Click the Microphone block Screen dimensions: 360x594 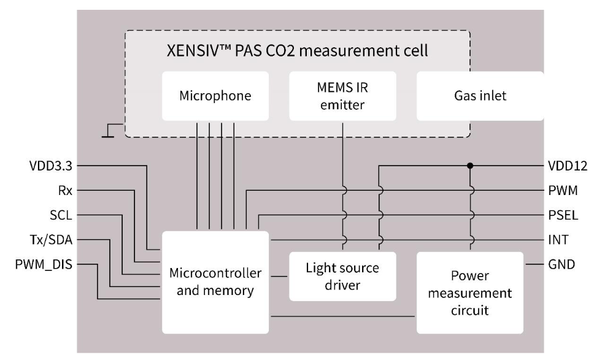[x=215, y=96]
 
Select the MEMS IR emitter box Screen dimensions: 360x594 [x=343, y=96]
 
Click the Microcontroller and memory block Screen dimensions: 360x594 [x=215, y=281]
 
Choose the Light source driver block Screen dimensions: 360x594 [x=342, y=276]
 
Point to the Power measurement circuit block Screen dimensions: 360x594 [x=471, y=293]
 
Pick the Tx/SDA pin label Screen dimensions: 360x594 [x=56, y=240]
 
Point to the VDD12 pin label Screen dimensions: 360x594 [x=563, y=166]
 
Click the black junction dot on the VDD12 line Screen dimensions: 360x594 [x=470, y=166]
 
